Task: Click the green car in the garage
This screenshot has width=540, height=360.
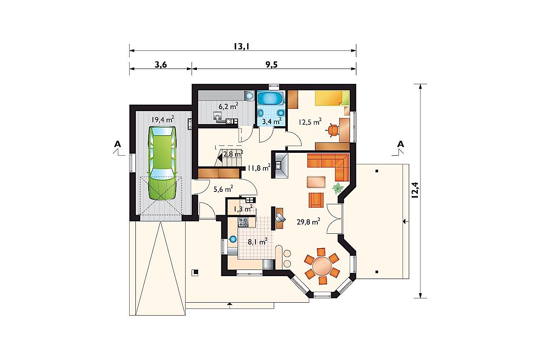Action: point(162,163)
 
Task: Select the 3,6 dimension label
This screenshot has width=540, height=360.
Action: point(161,65)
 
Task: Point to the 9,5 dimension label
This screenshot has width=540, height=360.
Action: point(272,65)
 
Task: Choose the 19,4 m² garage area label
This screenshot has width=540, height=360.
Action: point(163,119)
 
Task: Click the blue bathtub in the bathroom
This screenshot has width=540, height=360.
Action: point(270,99)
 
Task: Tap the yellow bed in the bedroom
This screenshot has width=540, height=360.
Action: point(332,98)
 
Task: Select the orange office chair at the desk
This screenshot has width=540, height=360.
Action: point(332,130)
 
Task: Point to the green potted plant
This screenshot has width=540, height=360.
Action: point(338,189)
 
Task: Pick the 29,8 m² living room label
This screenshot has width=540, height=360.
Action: point(308,221)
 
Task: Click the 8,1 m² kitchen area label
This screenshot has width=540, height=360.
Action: point(258,241)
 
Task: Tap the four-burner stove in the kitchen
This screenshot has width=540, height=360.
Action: point(243,222)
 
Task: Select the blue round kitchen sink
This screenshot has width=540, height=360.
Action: point(233,239)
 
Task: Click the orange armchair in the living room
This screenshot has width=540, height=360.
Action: point(316,200)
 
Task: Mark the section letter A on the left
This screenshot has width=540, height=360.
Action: point(118,144)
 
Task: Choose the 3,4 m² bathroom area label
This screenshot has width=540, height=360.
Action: point(272,121)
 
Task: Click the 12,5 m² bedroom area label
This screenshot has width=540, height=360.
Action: point(310,122)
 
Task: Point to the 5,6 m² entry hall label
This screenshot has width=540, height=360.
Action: point(223,189)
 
